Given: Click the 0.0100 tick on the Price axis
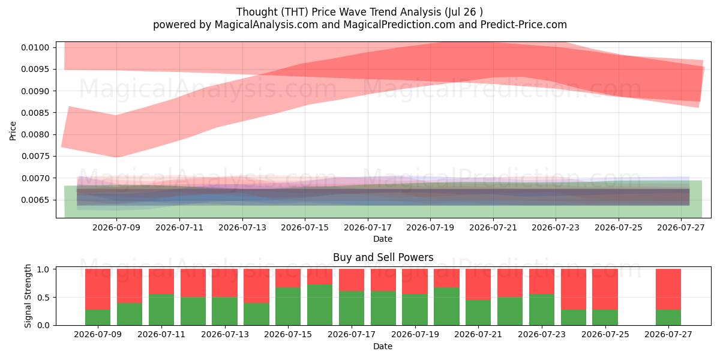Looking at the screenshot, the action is click(35, 47).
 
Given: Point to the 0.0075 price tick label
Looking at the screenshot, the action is click(35, 156).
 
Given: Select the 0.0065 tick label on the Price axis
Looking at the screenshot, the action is click(35, 200).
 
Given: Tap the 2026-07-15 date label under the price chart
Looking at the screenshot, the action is click(305, 227).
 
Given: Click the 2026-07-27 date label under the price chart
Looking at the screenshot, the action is click(681, 227).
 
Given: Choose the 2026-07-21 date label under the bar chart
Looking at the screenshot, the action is click(478, 334).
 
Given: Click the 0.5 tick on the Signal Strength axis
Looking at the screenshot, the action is click(43, 298).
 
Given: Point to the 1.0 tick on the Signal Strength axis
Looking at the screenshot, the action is click(43, 269).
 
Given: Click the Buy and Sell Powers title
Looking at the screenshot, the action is click(383, 257).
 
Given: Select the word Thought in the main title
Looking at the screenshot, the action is click(257, 12).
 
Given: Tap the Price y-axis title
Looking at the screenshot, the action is click(13, 131).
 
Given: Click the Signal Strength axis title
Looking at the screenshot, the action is click(28, 296).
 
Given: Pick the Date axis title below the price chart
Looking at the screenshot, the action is click(383, 239).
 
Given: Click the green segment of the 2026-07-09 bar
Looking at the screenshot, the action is click(98, 317).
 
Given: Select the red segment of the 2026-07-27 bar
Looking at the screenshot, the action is click(668, 289).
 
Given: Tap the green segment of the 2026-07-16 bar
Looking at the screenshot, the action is click(320, 305).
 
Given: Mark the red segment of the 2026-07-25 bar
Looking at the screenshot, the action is click(605, 289).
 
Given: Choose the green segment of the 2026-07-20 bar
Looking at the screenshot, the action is click(446, 307).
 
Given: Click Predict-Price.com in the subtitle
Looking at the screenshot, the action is click(524, 25).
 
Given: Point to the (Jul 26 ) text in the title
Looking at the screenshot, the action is click(464, 12).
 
